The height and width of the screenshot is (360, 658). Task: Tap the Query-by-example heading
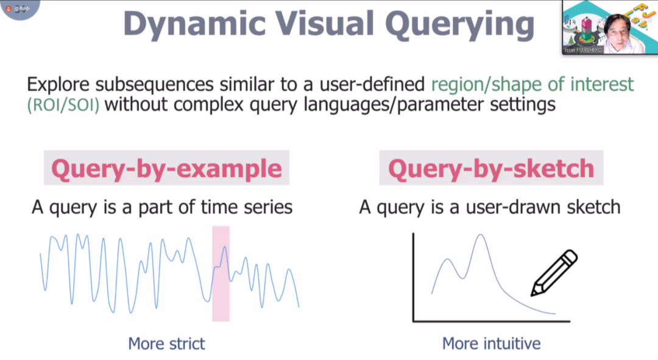pos(166,169)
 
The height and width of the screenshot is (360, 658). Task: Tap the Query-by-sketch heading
pos(491,169)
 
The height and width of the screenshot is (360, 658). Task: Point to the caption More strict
pos(166,344)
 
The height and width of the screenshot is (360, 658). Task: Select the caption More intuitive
pos(491,344)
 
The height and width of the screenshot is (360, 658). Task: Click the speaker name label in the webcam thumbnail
pos(583,51)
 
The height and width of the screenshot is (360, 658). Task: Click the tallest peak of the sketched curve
pos(481,235)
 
